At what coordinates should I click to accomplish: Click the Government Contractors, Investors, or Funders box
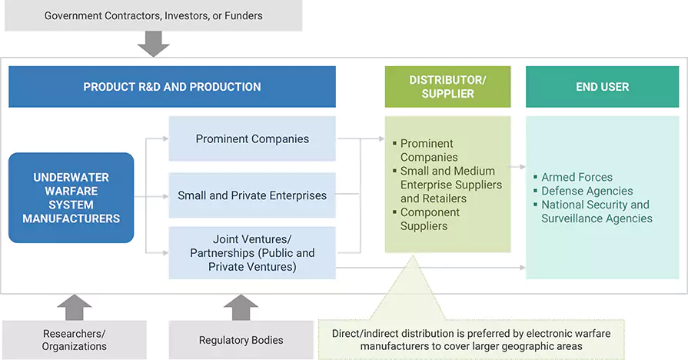tap(153, 15)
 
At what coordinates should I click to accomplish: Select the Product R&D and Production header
tap(172, 87)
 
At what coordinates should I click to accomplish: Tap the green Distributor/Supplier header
tap(447, 87)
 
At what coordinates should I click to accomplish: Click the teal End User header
tap(602, 87)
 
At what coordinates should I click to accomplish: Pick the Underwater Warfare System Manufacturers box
tap(71, 198)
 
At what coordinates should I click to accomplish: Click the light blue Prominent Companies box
tap(252, 139)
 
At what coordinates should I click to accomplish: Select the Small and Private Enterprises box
tap(252, 195)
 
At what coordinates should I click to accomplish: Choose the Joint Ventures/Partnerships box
tap(252, 253)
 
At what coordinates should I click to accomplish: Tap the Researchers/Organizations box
tap(75, 340)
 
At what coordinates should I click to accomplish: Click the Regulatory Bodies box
tap(241, 340)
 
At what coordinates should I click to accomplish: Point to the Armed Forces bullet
tap(577, 177)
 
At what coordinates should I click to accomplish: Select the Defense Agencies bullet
tap(587, 191)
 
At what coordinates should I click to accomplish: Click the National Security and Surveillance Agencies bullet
tap(597, 212)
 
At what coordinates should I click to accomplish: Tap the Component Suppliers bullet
tap(430, 219)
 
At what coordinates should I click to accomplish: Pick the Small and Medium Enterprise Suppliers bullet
tap(450, 185)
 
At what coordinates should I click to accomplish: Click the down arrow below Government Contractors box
tap(153, 45)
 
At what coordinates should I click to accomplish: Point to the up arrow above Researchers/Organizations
tap(75, 306)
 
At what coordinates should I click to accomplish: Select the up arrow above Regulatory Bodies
tap(241, 306)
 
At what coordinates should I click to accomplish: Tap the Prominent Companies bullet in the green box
tap(428, 150)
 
